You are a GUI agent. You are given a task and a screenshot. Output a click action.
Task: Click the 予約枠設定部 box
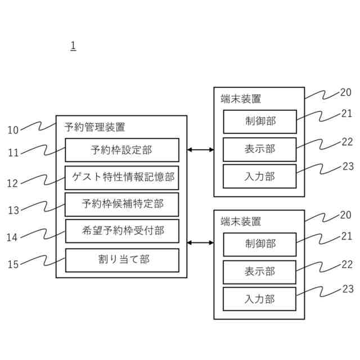(121, 150)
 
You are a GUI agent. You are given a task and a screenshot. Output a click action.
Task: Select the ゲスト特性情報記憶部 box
(121, 177)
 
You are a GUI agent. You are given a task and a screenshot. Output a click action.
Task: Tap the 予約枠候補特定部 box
(121, 204)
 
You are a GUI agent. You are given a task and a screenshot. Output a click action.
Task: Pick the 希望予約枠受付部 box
(121, 231)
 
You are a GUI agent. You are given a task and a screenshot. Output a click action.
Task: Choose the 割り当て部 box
(121, 260)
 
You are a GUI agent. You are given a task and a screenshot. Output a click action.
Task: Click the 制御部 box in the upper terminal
(259, 122)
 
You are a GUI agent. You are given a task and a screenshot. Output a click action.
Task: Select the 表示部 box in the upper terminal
(259, 149)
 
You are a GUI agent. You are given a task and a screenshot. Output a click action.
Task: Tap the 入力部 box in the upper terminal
(259, 176)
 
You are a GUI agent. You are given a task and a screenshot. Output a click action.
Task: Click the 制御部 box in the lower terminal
(259, 244)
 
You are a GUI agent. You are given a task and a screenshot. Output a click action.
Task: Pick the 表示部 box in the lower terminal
(259, 272)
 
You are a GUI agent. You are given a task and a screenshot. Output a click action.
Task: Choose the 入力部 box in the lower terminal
(259, 299)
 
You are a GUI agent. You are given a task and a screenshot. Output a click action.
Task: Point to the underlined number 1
(73, 46)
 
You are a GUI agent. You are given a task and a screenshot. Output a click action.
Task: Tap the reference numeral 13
(13, 210)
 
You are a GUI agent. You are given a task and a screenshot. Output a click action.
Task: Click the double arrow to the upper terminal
(200, 150)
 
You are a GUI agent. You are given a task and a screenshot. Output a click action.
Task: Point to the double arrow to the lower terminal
(200, 243)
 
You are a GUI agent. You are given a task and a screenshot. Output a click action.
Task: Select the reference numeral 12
(13, 183)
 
